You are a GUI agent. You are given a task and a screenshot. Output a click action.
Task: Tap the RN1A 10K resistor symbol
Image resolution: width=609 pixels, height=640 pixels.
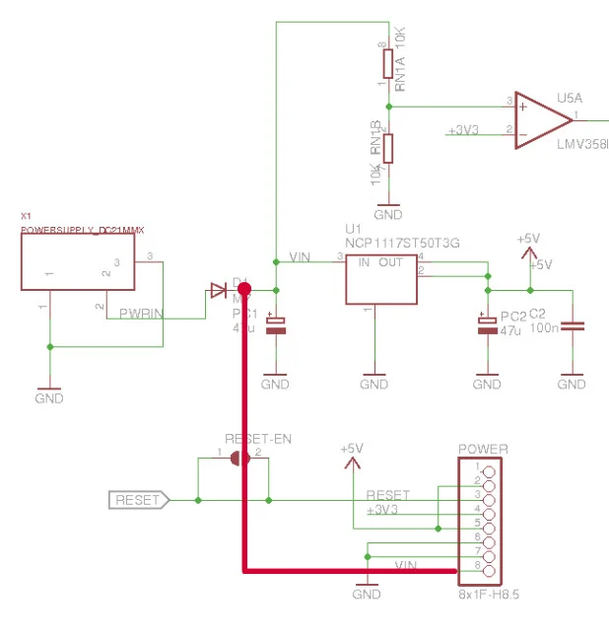pos(388,63)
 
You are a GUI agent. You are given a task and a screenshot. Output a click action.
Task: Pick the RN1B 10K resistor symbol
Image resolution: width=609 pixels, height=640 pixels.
pos(388,149)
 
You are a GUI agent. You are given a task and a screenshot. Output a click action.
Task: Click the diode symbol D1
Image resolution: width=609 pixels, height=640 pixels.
pos(218,290)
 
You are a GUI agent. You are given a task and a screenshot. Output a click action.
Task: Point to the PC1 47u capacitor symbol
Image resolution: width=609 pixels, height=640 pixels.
pos(276,327)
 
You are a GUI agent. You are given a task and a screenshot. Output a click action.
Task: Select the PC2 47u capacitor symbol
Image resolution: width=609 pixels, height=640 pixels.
pos(487,326)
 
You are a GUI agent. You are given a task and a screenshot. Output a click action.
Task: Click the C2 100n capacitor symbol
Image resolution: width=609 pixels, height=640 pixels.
pos(572,326)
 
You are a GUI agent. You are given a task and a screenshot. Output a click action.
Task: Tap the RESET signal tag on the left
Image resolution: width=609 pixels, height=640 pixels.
pos(138,501)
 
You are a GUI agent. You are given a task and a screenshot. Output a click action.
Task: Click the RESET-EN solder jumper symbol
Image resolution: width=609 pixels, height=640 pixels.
pos(237,459)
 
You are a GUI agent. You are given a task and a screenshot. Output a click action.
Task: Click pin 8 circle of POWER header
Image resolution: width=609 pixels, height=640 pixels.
pos(487,569)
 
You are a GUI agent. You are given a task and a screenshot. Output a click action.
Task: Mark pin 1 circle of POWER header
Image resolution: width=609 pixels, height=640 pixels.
pos(487,467)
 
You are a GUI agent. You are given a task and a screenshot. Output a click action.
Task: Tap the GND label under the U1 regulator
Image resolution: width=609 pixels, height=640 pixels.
pos(374,384)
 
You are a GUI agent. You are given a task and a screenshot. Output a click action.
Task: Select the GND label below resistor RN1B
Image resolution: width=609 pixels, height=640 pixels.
pos(388,214)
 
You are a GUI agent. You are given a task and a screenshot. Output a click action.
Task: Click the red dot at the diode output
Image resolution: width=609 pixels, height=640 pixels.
pos(244,289)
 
